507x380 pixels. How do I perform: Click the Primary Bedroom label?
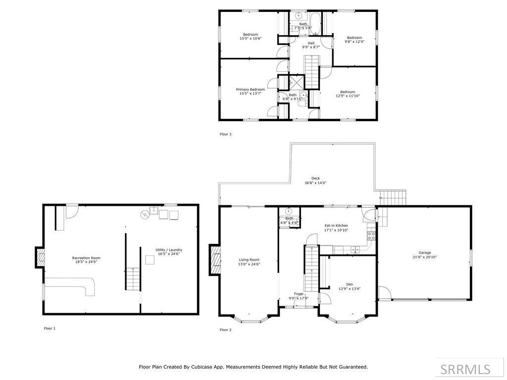click(x=250, y=90)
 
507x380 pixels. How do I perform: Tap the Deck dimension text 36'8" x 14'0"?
click(x=315, y=183)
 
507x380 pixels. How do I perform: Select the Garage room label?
click(x=424, y=253)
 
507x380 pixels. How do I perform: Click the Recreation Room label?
click(x=86, y=258)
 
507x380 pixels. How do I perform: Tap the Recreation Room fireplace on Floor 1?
click(x=40, y=257)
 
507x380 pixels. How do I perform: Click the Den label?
click(x=349, y=284)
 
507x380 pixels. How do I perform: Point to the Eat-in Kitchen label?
click(x=336, y=226)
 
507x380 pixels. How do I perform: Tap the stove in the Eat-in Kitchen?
click(x=371, y=235)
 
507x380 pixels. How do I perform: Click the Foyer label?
click(x=299, y=293)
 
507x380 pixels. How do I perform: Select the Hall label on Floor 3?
click(x=311, y=43)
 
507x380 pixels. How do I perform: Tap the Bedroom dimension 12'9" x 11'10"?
click(x=348, y=96)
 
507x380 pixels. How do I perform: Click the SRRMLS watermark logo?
click(x=465, y=369)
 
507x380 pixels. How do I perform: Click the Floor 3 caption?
click(x=225, y=134)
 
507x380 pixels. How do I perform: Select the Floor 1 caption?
click(x=50, y=329)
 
